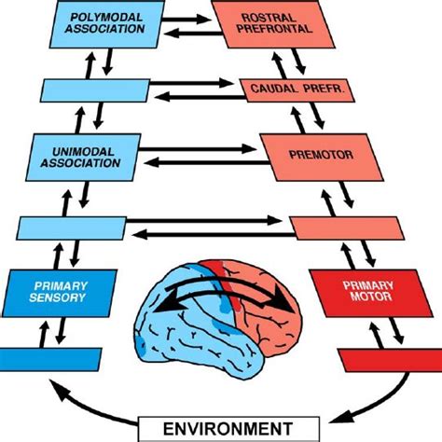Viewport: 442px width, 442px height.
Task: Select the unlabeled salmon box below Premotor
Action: click(x=345, y=227)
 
